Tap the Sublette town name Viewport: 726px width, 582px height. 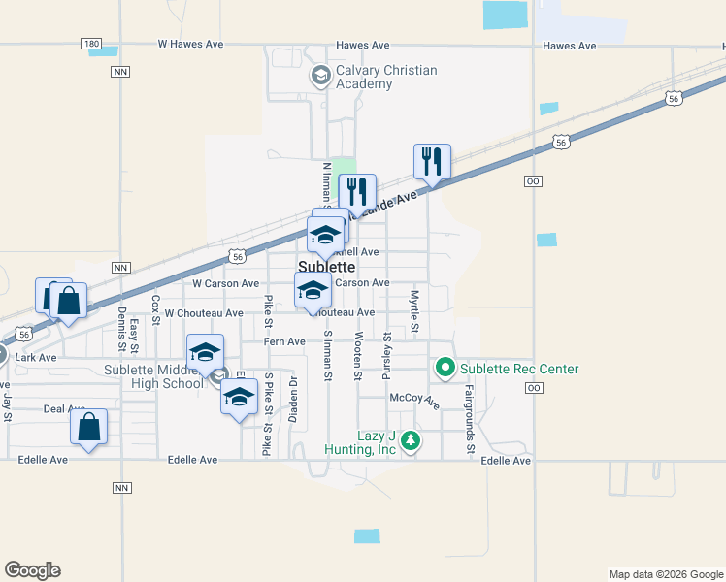point(325,266)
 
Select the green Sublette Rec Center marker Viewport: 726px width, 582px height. point(445,368)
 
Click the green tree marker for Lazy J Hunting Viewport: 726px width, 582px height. point(411,440)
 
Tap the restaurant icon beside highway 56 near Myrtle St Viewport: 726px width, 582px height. point(432,161)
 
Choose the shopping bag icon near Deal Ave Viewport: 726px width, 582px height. point(88,426)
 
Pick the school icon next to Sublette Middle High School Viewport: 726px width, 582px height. point(205,352)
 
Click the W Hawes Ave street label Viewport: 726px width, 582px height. point(191,45)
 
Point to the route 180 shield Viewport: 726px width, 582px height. point(91,45)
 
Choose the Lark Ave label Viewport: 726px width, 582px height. point(36,358)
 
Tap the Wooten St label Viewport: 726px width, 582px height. point(358,355)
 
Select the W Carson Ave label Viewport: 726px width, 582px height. point(225,284)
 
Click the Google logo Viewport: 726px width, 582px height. point(32,570)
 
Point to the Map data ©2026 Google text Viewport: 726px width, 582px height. point(664,574)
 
